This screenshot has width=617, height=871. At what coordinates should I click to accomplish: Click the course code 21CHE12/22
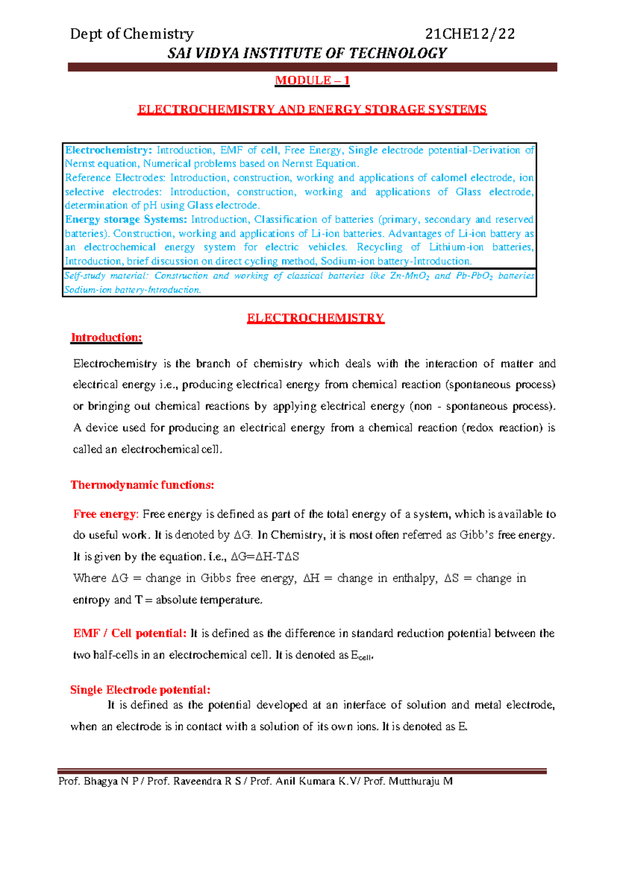(470, 34)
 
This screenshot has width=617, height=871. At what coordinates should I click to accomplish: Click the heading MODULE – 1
(312, 81)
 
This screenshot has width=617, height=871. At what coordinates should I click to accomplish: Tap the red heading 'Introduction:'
(106, 337)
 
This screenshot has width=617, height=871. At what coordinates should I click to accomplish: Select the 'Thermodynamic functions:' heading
(142, 485)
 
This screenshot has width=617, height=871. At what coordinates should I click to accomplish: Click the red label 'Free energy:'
(106, 514)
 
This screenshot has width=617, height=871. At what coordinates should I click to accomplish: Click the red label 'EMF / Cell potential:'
(130, 633)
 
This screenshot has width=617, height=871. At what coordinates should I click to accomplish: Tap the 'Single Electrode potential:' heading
(140, 690)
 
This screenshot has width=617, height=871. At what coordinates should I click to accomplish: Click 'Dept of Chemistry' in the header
(132, 34)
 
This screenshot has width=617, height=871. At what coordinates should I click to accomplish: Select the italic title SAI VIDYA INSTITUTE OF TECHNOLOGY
(307, 53)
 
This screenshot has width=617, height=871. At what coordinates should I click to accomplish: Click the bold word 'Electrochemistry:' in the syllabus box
(108, 150)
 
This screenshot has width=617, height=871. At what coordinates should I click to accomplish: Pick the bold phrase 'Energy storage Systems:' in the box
(126, 219)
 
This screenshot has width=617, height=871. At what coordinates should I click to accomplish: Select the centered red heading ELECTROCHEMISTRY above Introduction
(315, 318)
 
